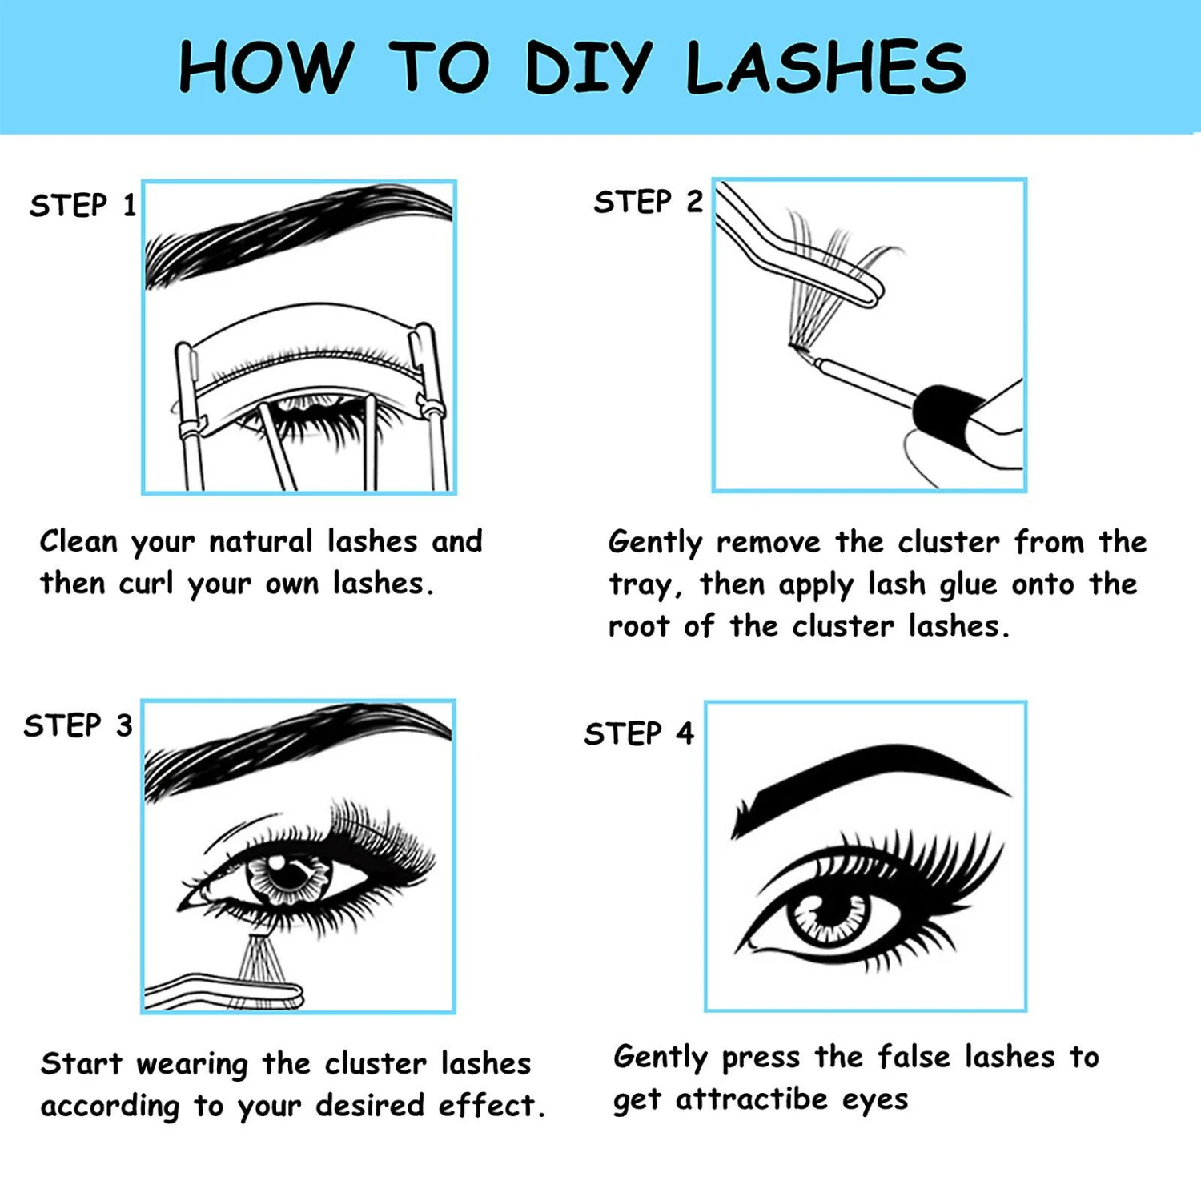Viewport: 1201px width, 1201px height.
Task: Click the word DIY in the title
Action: point(588,66)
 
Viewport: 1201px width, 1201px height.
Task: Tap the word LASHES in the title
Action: point(826,66)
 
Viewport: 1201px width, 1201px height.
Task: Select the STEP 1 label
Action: point(82,206)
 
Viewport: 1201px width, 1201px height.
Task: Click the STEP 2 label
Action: point(648,202)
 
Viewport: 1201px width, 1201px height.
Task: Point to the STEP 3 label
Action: point(78,725)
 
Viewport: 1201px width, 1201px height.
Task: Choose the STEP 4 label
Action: point(639,733)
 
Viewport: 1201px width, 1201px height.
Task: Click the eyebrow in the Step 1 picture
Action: point(298,232)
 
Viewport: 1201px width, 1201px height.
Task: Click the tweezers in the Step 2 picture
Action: point(801,248)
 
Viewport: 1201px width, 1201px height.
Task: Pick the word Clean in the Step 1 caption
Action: point(78,541)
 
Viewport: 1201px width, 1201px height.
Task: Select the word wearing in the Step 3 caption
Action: point(192,1065)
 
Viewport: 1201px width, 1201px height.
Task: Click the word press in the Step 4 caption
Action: point(761,1058)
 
